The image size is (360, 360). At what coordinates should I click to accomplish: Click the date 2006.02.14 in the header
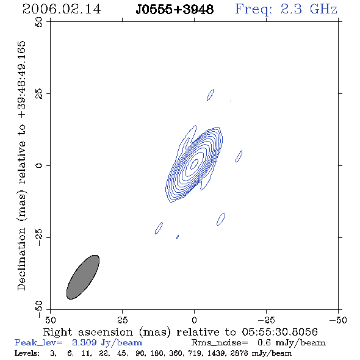[62, 9]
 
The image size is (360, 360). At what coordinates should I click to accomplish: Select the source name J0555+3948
[175, 10]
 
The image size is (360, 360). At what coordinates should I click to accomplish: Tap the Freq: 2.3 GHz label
[286, 9]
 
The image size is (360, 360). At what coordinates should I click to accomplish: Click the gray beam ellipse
[83, 277]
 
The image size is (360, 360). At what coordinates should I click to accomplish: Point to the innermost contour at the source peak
[195, 164]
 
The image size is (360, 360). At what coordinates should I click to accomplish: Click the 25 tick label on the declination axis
[39, 94]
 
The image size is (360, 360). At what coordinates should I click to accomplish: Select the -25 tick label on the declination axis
[39, 237]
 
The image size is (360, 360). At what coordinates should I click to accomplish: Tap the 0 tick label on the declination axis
[39, 165]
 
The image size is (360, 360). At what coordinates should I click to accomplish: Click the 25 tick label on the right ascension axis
[122, 320]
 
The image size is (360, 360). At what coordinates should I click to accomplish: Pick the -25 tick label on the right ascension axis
[266, 320]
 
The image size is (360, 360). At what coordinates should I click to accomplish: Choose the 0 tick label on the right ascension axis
[194, 320]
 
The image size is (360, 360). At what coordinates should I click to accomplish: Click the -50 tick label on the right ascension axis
[338, 320]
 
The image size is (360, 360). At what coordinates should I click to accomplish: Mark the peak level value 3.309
[84, 342]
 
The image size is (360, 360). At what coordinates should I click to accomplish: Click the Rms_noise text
[220, 343]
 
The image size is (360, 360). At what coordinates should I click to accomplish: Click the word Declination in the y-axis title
[21, 259]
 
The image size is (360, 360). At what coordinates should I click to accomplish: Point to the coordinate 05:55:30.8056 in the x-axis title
[279, 332]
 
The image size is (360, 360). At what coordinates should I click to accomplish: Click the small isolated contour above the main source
[210, 95]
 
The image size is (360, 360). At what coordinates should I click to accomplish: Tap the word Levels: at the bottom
[27, 353]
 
